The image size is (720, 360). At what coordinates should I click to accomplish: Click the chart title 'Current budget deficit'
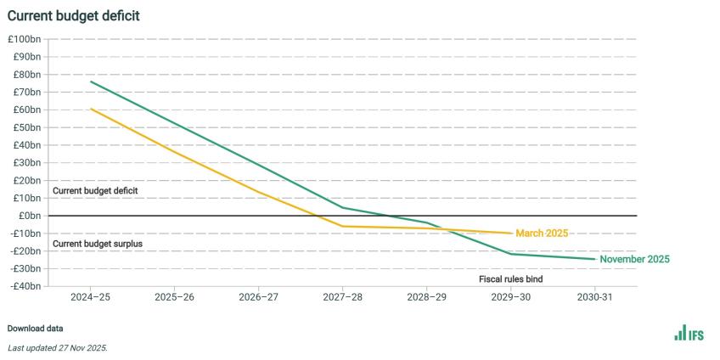click(x=74, y=15)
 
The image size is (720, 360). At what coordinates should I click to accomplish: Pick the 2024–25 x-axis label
click(x=90, y=299)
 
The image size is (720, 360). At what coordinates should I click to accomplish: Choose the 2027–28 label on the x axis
click(x=342, y=299)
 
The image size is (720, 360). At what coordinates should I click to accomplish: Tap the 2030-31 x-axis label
click(x=594, y=299)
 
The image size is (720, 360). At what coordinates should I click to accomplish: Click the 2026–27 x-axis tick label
click(x=258, y=299)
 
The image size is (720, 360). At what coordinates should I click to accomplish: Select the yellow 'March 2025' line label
click(x=542, y=233)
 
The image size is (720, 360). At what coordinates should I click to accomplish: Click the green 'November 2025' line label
click(x=634, y=260)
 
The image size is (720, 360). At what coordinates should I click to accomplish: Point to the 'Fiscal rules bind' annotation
click(x=510, y=278)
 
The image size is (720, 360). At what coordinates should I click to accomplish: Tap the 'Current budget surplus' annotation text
click(x=98, y=244)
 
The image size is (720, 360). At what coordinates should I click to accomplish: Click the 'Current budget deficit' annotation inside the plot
click(x=95, y=191)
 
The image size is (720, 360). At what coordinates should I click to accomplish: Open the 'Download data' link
click(x=35, y=328)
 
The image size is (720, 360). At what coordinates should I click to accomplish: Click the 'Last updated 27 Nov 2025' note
click(x=58, y=348)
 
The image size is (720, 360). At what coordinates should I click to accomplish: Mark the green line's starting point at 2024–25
click(x=91, y=82)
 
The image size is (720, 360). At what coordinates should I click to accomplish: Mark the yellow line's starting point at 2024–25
click(x=91, y=109)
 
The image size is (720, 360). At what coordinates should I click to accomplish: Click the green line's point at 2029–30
click(x=510, y=254)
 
